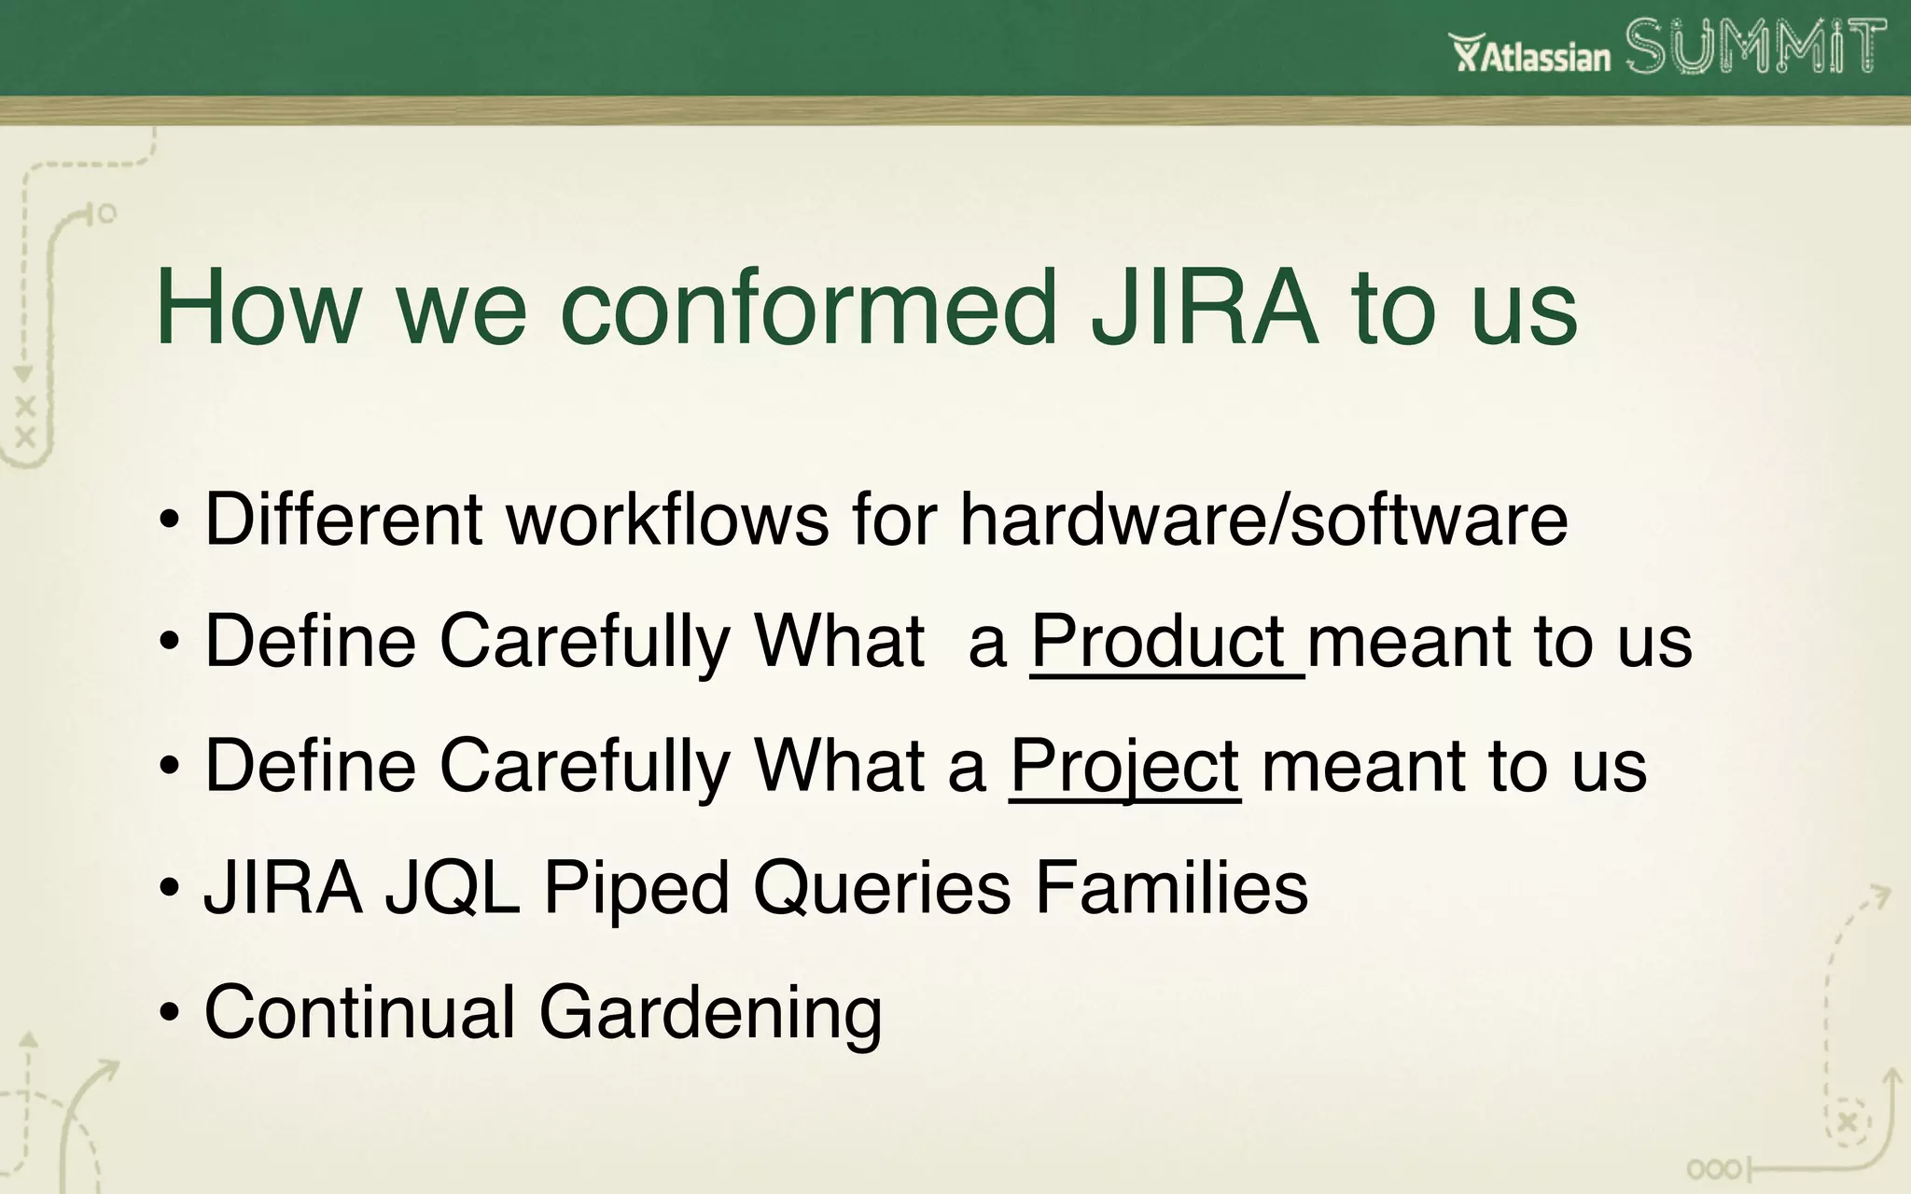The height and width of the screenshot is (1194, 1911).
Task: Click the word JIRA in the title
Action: tap(1205, 308)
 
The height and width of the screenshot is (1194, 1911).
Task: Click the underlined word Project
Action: tap(1124, 767)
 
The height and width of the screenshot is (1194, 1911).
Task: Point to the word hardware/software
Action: tap(1263, 519)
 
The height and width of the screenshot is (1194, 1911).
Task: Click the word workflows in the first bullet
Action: tap(666, 519)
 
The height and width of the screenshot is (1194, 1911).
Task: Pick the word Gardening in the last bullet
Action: tap(710, 1013)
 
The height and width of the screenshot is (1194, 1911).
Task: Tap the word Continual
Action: tap(359, 1013)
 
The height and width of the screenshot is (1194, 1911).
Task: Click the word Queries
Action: tap(882, 888)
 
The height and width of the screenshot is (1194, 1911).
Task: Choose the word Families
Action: tap(1171, 888)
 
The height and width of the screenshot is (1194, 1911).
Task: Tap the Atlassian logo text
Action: tap(1530, 54)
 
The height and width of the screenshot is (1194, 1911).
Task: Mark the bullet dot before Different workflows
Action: tap(169, 521)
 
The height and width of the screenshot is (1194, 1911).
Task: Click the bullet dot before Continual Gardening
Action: tap(169, 1015)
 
